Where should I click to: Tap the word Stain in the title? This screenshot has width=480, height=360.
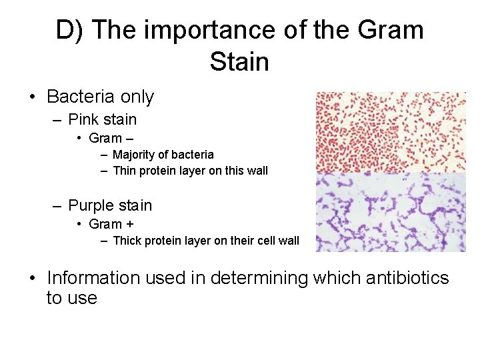tap(239, 62)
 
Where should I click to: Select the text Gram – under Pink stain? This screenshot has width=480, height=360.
tap(111, 138)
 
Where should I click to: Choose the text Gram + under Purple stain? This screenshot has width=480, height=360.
tap(111, 224)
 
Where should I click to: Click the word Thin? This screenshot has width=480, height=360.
tap(124, 171)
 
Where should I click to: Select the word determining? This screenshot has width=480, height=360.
tap(259, 278)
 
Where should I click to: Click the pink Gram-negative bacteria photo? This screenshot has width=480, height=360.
tap(390, 132)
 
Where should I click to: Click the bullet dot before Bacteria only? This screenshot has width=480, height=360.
tap(33, 97)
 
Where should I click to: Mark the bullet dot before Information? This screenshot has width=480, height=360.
tap(33, 279)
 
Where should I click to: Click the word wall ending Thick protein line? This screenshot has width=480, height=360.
tap(289, 241)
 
